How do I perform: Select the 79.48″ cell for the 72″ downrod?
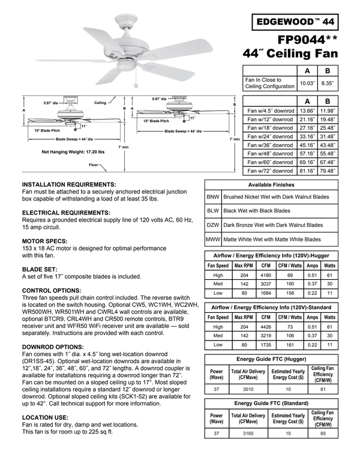pos(328,171)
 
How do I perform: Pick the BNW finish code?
pos(212,196)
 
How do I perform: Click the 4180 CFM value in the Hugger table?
pos(266,276)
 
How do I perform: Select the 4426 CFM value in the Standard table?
pos(266,327)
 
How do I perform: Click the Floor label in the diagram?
pos(94,165)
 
